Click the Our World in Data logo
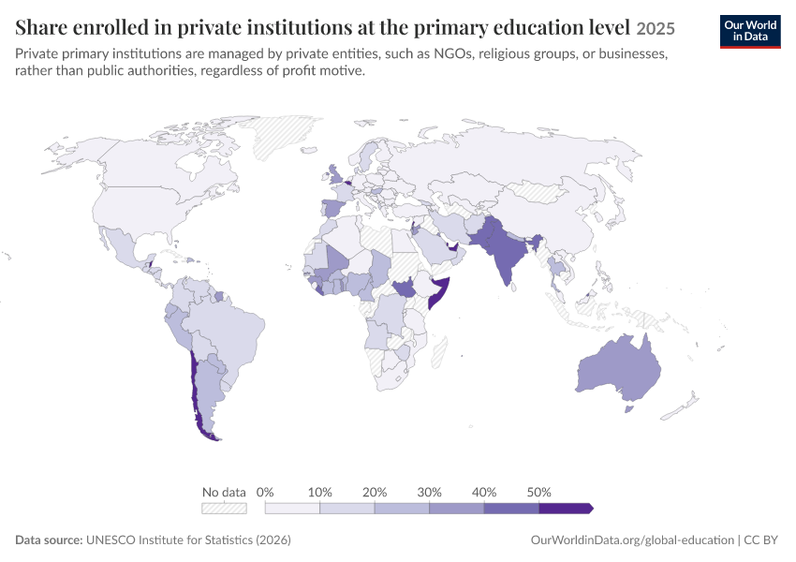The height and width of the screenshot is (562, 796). (x=750, y=32)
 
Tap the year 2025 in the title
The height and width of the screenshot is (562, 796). (x=656, y=28)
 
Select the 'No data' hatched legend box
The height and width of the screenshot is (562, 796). (x=224, y=509)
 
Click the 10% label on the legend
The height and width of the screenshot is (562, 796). (x=320, y=492)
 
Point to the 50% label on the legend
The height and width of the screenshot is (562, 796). (x=538, y=492)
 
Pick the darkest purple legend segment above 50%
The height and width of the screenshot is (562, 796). (x=566, y=509)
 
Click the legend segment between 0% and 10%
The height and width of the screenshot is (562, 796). (x=292, y=509)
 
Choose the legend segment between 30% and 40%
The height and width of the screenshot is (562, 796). (x=456, y=509)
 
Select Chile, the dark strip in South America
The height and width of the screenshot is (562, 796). (x=195, y=396)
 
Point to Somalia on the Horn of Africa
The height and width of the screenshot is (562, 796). (x=439, y=293)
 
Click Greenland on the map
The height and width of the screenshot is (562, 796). (x=282, y=136)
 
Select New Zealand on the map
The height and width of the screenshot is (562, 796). (x=680, y=406)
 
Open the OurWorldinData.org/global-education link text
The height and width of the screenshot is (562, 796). (x=632, y=540)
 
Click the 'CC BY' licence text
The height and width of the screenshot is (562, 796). (x=761, y=540)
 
